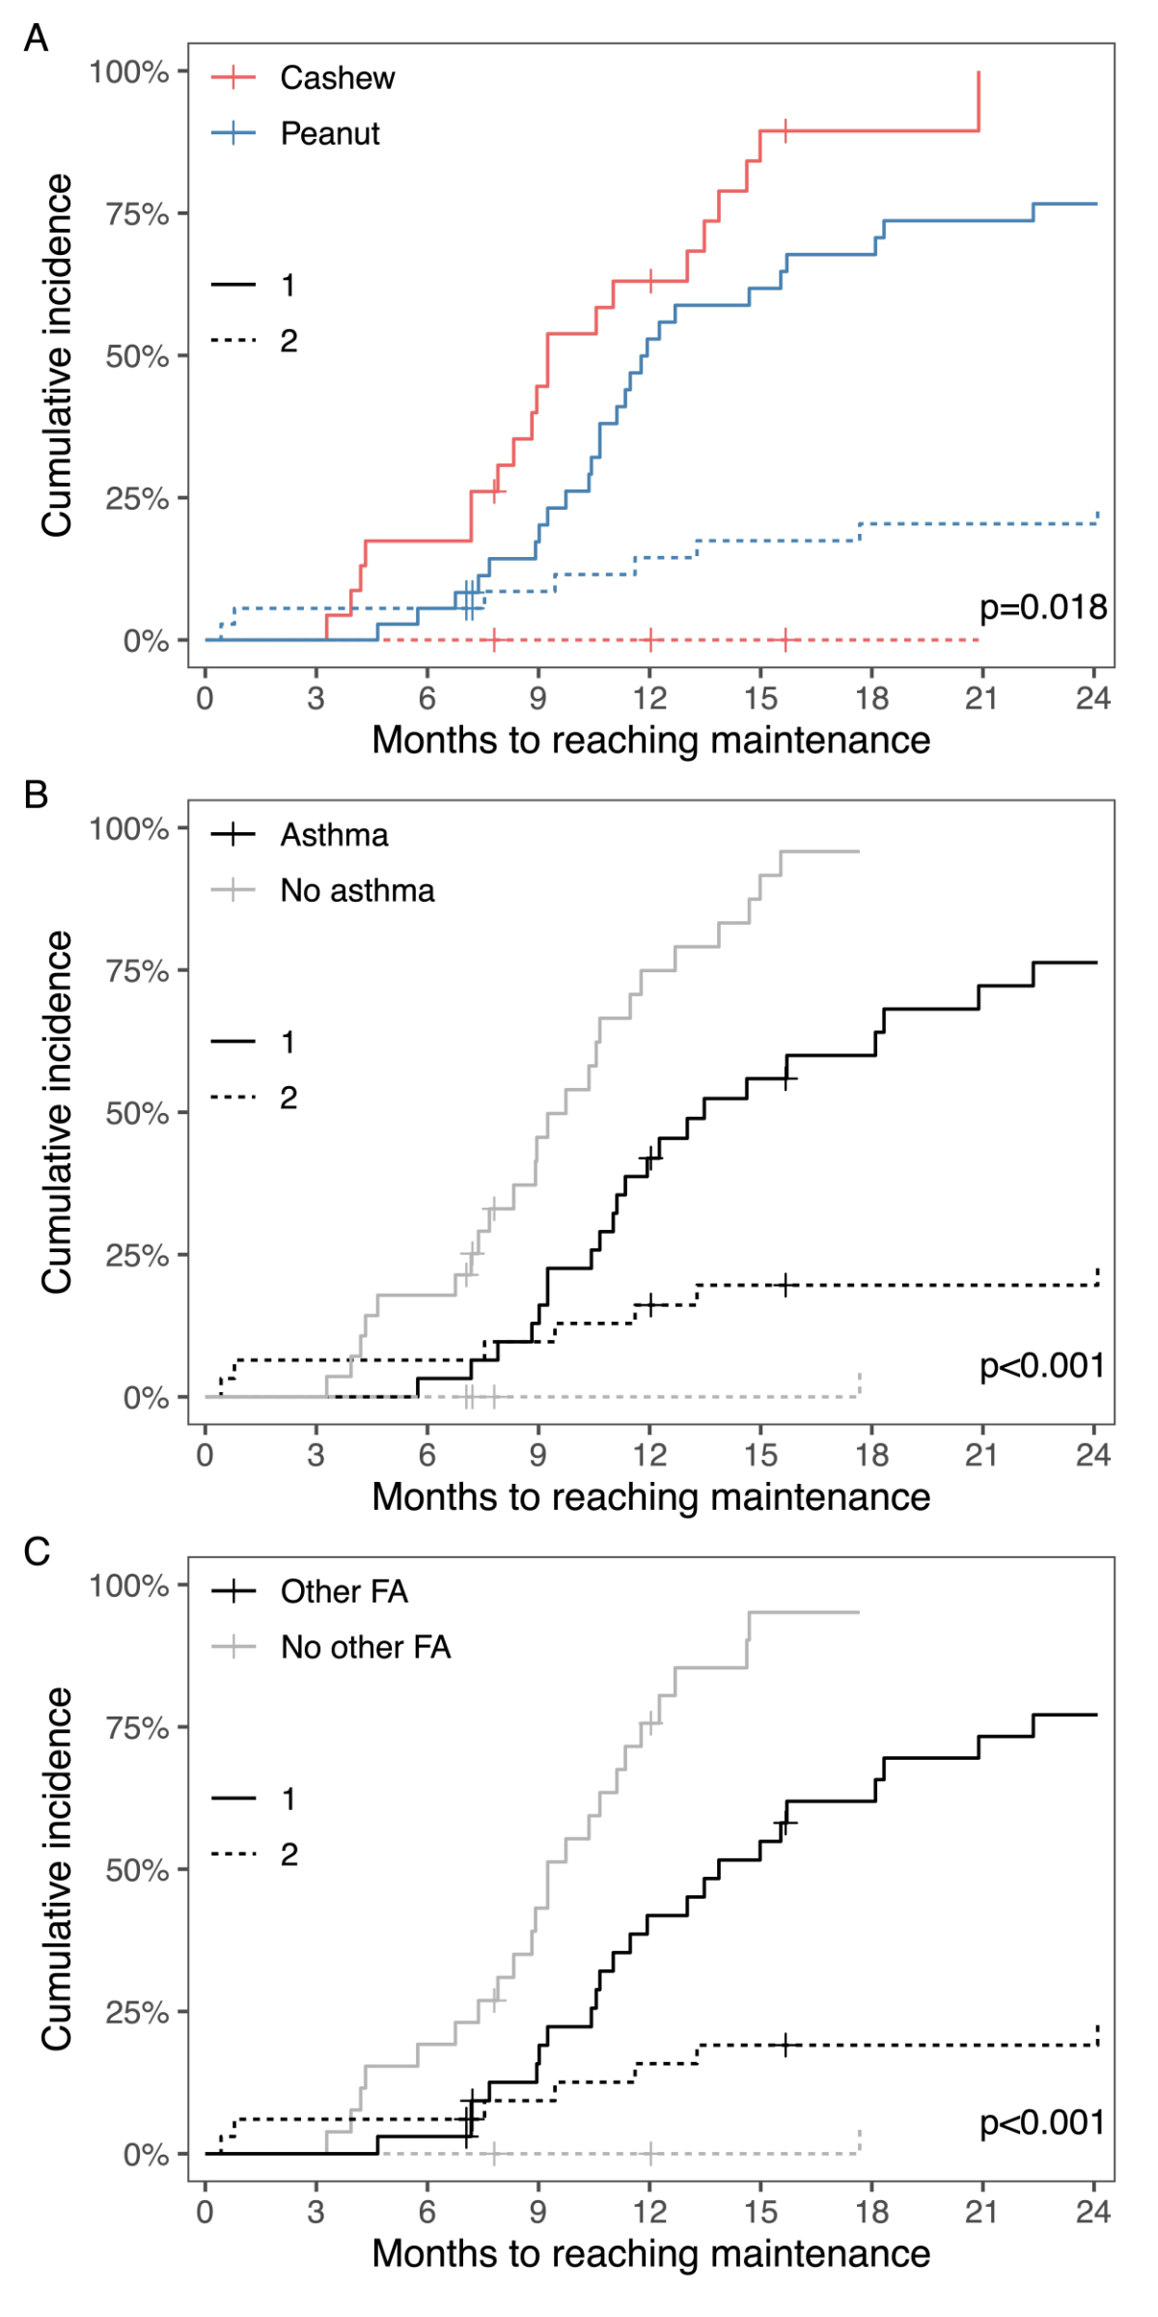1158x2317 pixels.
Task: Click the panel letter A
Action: click(36, 39)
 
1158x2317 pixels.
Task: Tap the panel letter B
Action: click(36, 795)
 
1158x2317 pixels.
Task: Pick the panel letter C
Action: click(36, 1551)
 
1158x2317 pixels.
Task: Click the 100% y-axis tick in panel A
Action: click(129, 72)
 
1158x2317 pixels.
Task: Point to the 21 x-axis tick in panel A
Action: click(981, 698)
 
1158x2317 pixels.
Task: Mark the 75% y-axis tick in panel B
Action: click(137, 971)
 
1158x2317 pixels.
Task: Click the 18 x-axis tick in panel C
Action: click(871, 2212)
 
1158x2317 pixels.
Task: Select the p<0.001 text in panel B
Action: click(1042, 1365)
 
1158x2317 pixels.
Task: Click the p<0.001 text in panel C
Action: click(1042, 2122)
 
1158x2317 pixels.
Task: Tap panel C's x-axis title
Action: click(650, 2253)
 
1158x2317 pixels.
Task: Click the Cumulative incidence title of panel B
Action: click(57, 1112)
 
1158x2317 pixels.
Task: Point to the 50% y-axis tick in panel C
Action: click(137, 1870)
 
